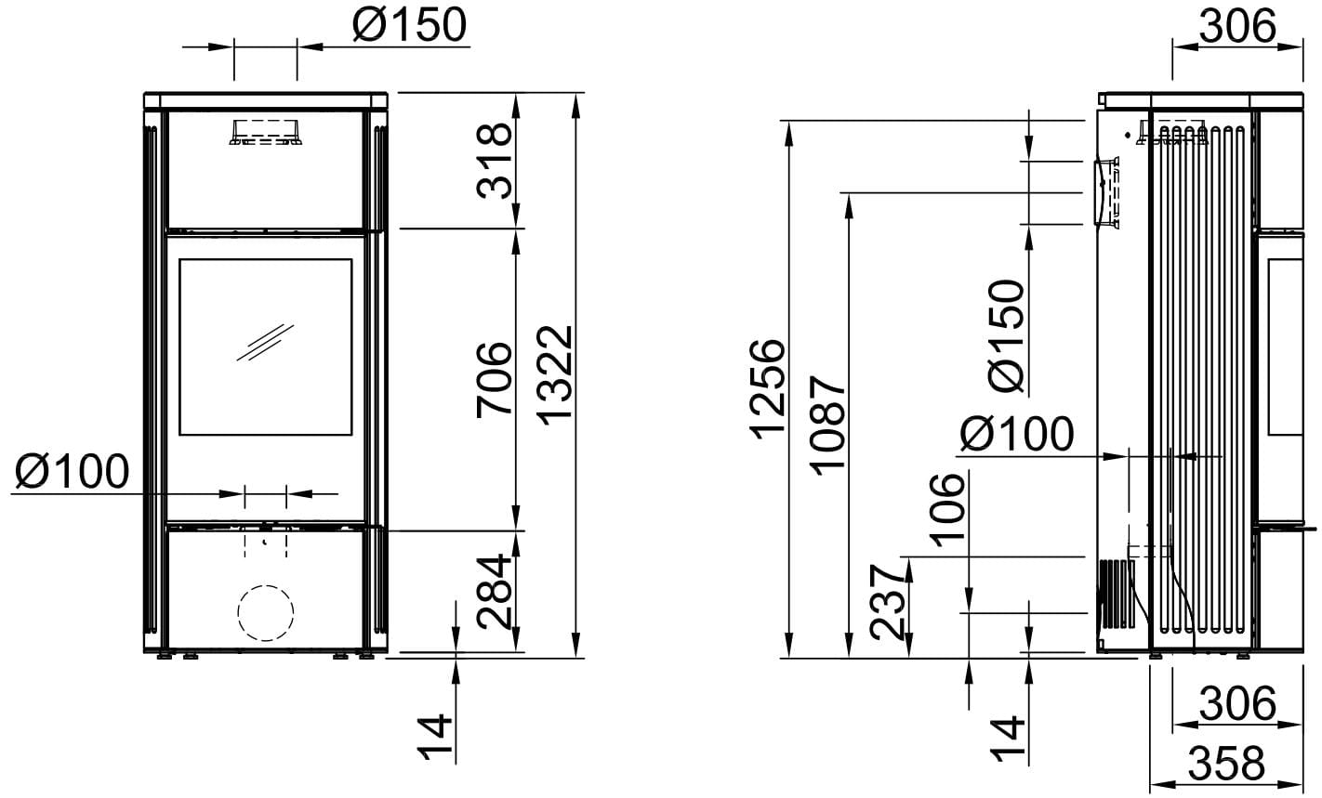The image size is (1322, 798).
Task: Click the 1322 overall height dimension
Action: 555,375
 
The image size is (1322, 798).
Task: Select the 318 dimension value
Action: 495,161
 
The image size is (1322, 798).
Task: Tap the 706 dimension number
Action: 495,380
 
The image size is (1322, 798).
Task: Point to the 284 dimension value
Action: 495,592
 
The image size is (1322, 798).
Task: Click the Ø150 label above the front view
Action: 410,25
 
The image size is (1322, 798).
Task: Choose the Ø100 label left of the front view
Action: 72,471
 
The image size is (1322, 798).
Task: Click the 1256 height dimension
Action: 768,390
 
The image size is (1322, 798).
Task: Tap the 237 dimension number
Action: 888,602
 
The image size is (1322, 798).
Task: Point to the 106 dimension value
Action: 947,510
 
